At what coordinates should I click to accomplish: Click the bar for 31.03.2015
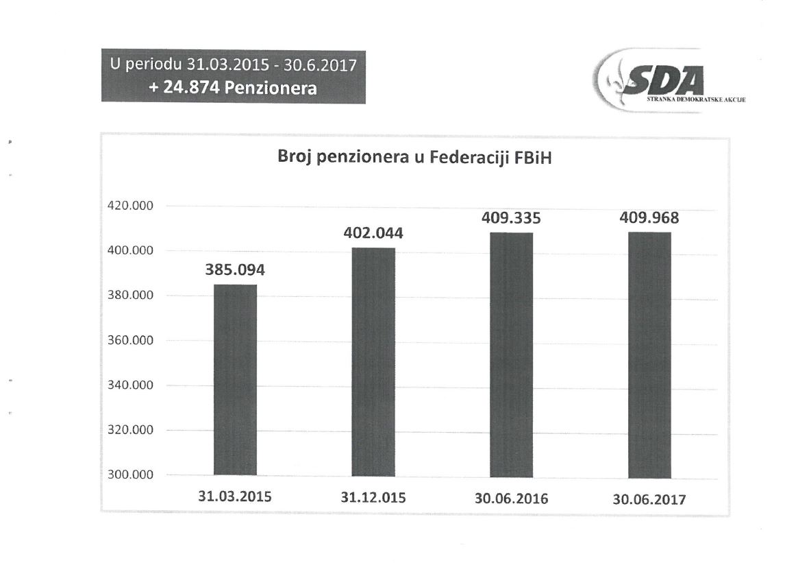[x=235, y=379]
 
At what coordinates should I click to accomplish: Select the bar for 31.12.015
[x=373, y=361]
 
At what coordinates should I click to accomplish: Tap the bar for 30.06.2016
[x=511, y=354]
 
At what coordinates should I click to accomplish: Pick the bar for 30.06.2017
[x=649, y=355]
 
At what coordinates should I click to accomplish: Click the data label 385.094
[x=235, y=270]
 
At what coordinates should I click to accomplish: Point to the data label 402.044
[x=373, y=233]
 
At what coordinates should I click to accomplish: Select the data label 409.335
[x=512, y=219]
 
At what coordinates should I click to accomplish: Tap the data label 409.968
[x=649, y=218]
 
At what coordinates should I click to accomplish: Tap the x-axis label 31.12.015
[x=373, y=498]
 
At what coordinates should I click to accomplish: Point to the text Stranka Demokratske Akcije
[x=696, y=100]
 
